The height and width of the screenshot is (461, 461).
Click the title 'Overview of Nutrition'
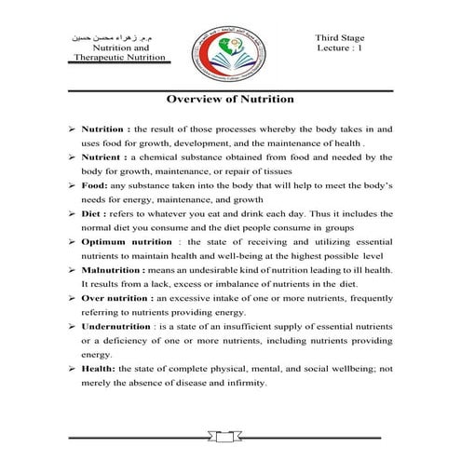pos(229,98)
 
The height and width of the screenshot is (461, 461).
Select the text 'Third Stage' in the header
pos(342,36)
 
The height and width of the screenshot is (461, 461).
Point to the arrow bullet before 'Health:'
pos(72,368)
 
